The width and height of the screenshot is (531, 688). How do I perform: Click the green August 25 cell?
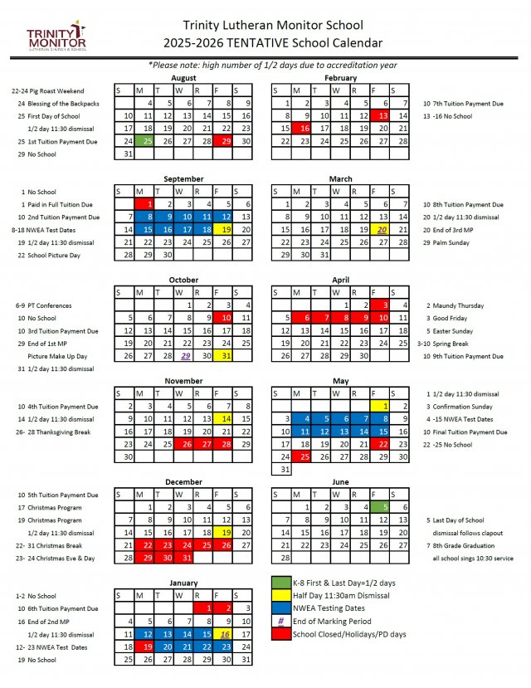(x=148, y=141)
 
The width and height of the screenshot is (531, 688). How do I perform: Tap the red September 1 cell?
(x=148, y=203)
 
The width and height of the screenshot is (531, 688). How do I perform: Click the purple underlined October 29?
(x=186, y=355)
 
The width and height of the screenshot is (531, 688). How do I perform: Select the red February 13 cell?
(x=382, y=115)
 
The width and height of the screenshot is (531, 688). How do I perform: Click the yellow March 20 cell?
(x=382, y=229)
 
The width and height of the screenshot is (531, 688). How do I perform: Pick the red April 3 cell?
(x=382, y=305)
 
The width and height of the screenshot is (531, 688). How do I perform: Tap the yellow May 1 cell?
(x=382, y=406)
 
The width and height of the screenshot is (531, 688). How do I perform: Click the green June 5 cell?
(x=382, y=507)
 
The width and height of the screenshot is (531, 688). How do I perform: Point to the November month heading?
(x=183, y=381)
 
